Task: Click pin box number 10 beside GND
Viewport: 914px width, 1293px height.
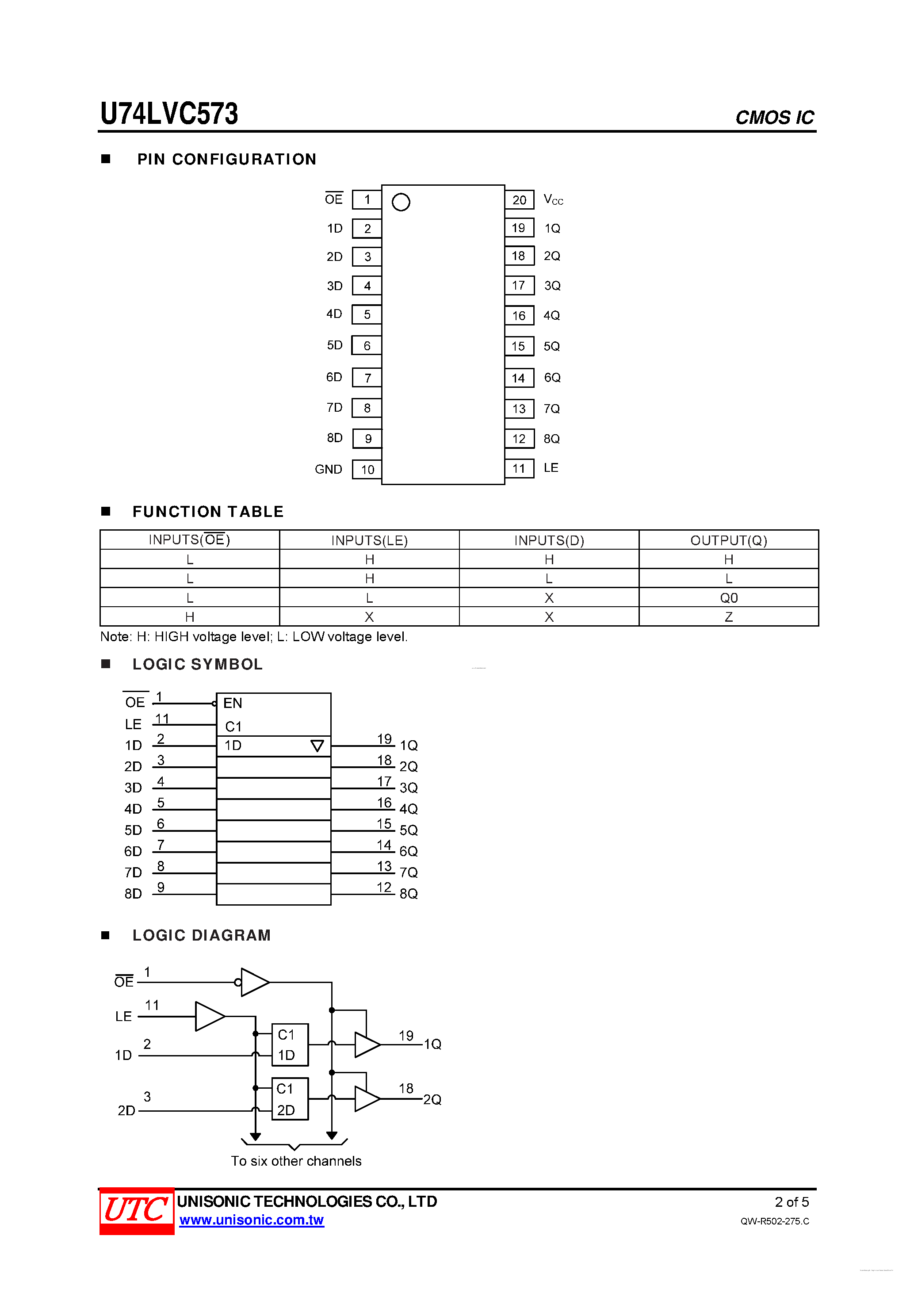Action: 367,470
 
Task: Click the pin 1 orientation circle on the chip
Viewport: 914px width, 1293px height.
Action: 401,202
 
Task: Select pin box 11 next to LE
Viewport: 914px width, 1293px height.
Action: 519,469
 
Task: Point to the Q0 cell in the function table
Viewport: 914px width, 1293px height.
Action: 728,597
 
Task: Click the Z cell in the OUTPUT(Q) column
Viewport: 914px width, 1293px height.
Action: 728,617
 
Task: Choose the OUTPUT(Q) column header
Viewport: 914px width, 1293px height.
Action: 728,540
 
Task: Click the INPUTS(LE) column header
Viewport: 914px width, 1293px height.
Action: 369,540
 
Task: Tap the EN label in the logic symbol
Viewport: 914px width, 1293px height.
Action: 233,703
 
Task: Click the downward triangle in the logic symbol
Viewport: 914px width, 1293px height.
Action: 317,746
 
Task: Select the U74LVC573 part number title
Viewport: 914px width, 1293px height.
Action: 169,113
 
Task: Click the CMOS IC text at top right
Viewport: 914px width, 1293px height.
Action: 774,117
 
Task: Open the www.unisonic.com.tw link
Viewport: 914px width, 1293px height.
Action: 251,1220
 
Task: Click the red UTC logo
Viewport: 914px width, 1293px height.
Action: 136,1211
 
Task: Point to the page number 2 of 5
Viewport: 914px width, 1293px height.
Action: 791,1202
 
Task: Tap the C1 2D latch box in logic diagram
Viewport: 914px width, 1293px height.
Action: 290,1099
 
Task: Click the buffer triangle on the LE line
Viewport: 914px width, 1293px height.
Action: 209,1017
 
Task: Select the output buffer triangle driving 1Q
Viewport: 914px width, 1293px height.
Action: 367,1044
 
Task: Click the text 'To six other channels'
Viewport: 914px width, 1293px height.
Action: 296,1161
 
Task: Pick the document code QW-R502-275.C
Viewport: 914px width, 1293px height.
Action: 774,1221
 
